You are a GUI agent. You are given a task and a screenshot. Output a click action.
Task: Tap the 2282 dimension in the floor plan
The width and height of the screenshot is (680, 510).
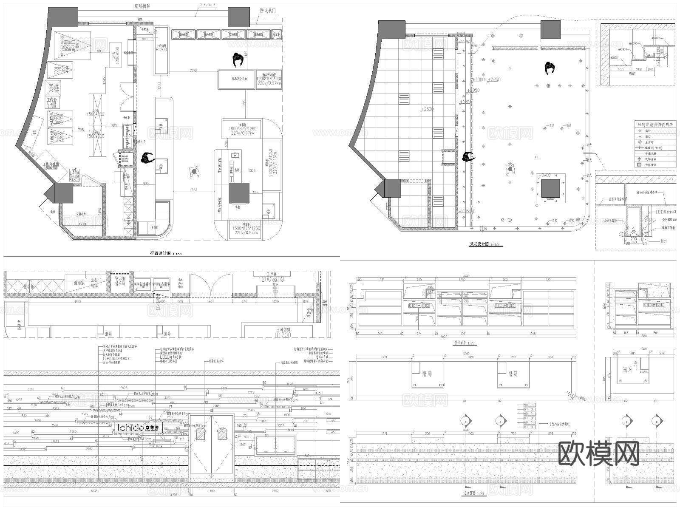pos(194,71)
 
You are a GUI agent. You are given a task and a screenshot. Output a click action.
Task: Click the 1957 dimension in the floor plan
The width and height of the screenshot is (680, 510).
pos(193,190)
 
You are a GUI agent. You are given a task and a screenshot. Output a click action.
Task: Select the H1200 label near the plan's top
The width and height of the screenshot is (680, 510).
pos(161,50)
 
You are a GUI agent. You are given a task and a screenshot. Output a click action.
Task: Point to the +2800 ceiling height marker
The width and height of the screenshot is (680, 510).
pos(427,109)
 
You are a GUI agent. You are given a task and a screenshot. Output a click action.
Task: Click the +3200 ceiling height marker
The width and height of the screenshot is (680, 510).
pos(494,79)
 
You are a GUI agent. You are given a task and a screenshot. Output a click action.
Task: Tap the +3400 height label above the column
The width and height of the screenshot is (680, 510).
pos(544,175)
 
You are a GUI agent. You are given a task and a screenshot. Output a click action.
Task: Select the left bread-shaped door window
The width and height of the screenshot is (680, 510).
pos(200,434)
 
